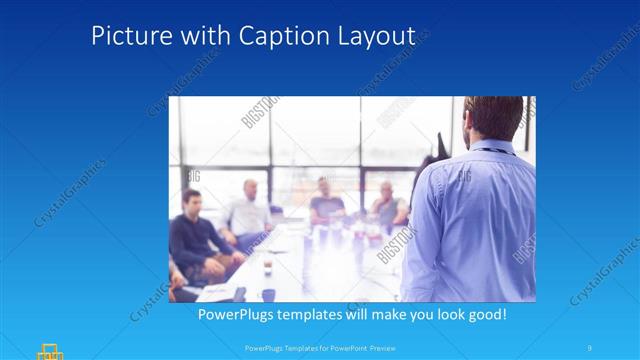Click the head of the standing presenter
[494, 118]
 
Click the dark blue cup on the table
[268, 294]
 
